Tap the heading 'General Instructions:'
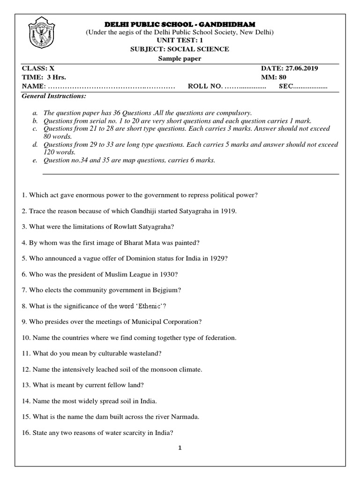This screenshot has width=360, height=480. tap(54, 96)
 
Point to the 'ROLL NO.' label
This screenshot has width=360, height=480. tap(204, 87)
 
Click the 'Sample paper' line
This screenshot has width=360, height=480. tap(180, 58)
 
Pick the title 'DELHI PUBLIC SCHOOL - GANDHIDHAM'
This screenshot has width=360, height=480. tap(180, 24)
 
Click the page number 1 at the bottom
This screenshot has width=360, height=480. tap(180, 448)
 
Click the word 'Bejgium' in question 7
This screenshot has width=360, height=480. tap(169, 290)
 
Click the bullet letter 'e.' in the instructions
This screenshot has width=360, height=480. tap(35, 160)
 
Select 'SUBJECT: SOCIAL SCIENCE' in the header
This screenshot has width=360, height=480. tap(180, 49)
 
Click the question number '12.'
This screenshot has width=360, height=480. tap(27, 370)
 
